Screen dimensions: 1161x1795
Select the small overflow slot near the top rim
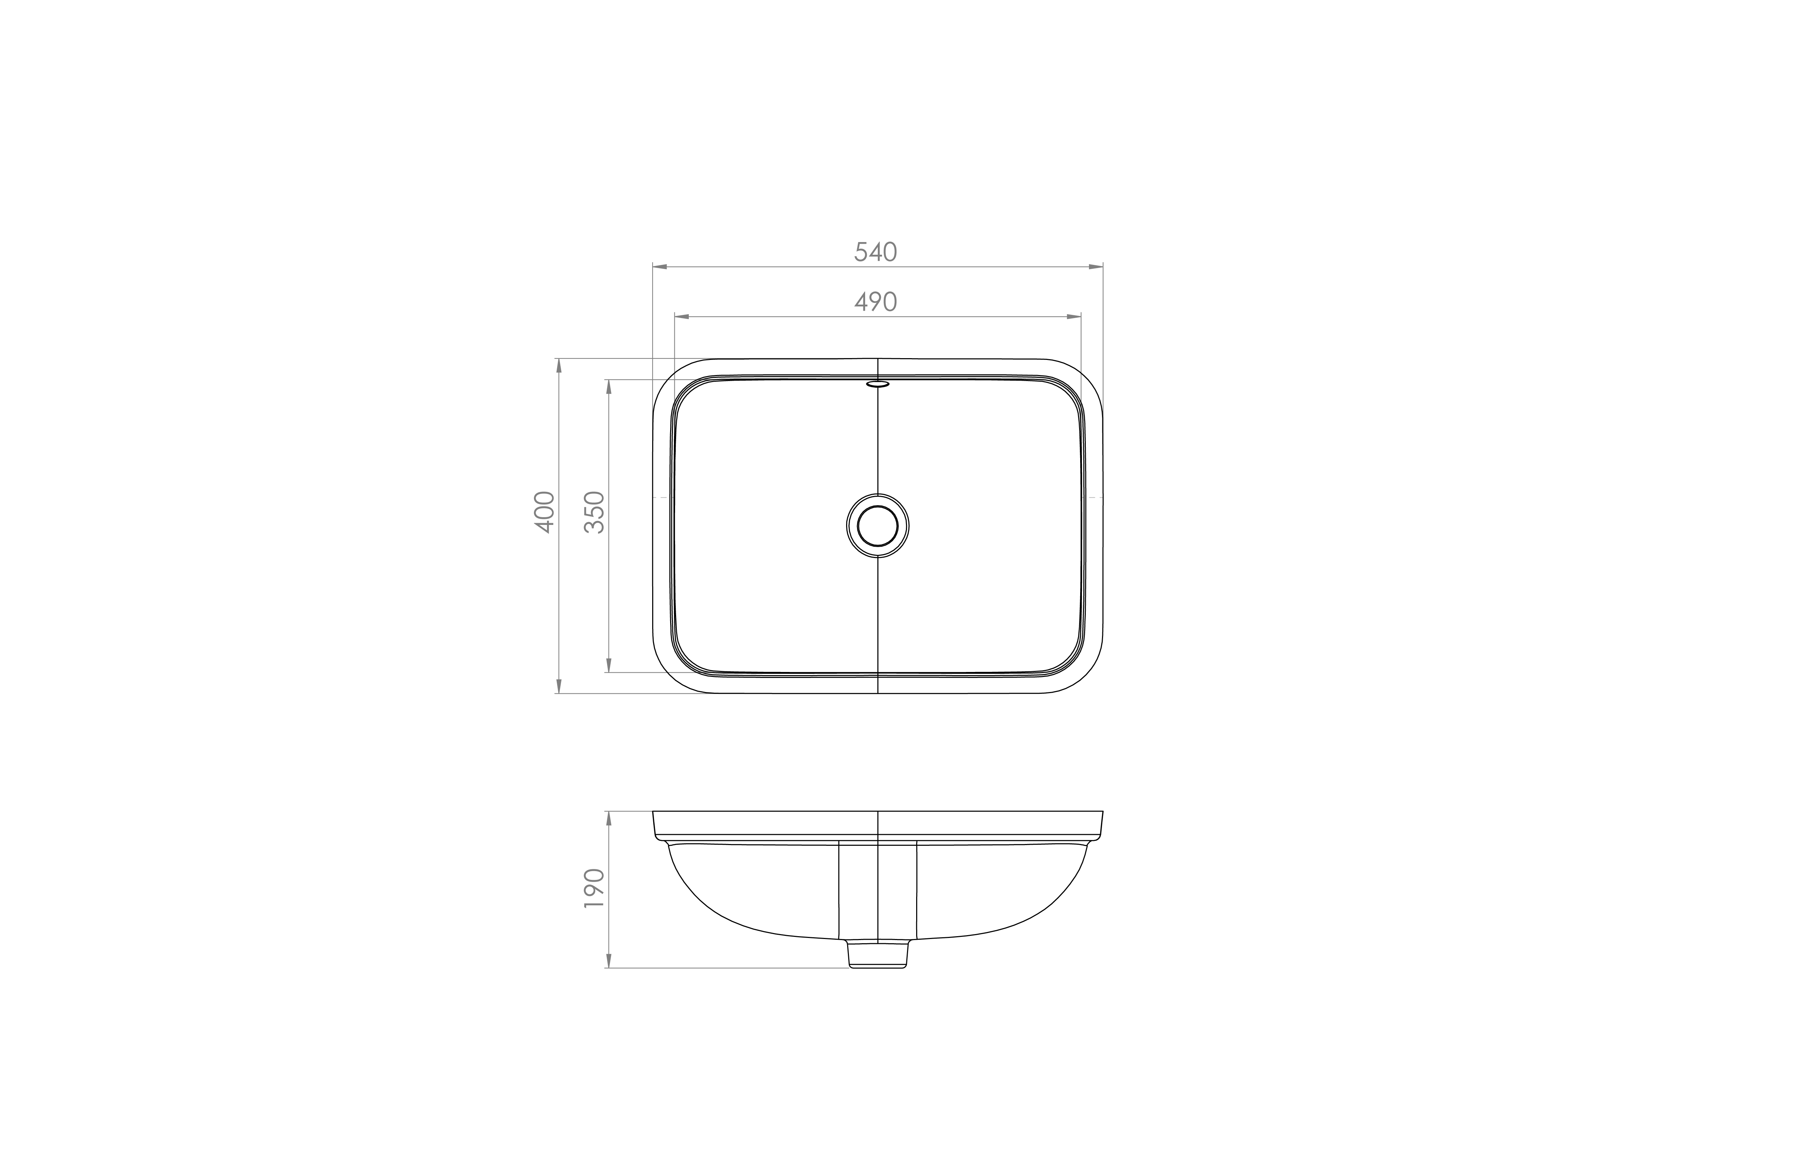point(878,384)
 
